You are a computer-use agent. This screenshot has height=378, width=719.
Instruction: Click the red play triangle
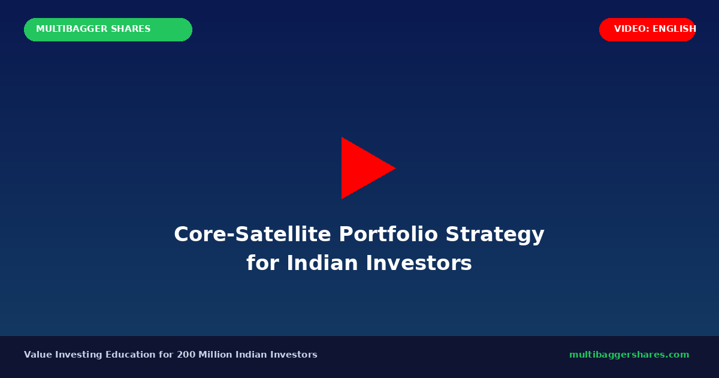(362, 168)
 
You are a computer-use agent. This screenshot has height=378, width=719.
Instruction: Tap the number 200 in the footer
(185, 355)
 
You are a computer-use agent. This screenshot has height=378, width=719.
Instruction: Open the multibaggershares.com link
(629, 355)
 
